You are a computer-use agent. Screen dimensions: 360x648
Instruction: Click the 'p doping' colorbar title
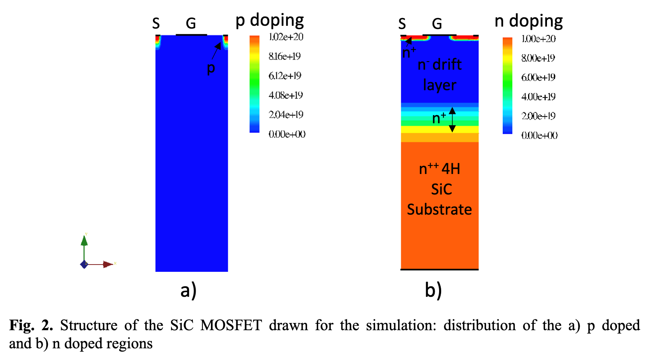(270, 20)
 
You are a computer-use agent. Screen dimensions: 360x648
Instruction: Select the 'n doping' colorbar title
(528, 21)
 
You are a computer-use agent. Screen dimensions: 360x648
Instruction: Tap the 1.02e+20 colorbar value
(286, 37)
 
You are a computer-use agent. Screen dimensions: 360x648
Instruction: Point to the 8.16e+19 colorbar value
(285, 56)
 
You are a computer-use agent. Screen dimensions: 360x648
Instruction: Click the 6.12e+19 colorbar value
(285, 76)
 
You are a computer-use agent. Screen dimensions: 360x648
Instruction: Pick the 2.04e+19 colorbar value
(286, 115)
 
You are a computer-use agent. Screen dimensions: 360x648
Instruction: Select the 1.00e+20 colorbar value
(538, 39)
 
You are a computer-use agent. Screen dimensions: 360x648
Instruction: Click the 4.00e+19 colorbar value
(538, 97)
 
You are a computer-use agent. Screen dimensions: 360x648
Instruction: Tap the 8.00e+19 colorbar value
(538, 58)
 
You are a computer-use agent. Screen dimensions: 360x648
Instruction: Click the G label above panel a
(191, 23)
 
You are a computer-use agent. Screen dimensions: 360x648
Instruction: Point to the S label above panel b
(402, 24)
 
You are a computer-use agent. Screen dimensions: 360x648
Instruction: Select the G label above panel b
(437, 24)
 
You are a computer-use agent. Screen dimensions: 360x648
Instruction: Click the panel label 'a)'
(188, 290)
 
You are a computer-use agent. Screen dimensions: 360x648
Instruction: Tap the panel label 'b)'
(433, 290)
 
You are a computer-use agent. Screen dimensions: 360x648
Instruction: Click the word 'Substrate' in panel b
(439, 209)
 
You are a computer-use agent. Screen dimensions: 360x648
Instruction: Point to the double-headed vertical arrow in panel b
(452, 120)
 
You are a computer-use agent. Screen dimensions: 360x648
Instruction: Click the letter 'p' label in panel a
(211, 68)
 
